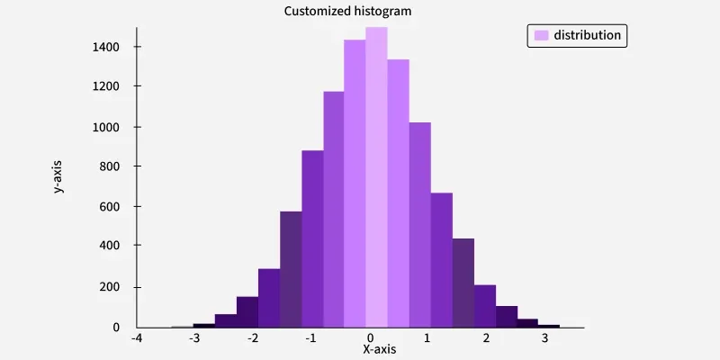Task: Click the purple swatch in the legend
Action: pyautogui.click(x=542, y=35)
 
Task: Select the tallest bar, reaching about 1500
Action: pyautogui.click(x=376, y=180)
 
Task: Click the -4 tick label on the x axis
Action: pyautogui.click(x=137, y=338)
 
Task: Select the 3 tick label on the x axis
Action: pyautogui.click(x=544, y=338)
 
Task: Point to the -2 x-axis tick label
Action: pyautogui.click(x=252, y=338)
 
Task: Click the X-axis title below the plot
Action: pyautogui.click(x=379, y=348)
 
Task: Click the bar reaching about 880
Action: pyautogui.click(x=312, y=239)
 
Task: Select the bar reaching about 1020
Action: pyautogui.click(x=419, y=225)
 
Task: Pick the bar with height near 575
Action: pyautogui.click(x=291, y=270)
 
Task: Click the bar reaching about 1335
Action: pyautogui.click(x=398, y=193)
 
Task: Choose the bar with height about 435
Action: pyautogui.click(x=463, y=283)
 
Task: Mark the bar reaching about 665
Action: pyautogui.click(x=441, y=260)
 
